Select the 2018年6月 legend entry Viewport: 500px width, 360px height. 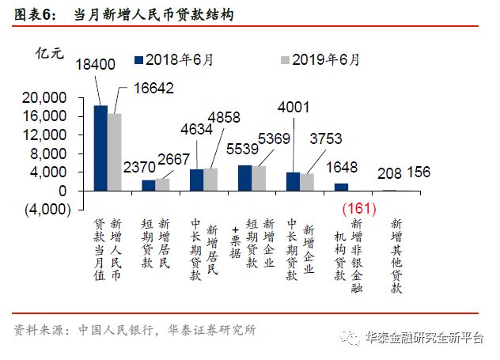click(x=179, y=59)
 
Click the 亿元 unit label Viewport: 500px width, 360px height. click(x=49, y=54)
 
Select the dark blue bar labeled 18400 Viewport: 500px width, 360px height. click(x=100, y=148)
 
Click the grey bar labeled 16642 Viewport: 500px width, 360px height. click(x=115, y=152)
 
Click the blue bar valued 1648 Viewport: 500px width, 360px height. click(x=341, y=187)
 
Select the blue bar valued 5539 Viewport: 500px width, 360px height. click(x=245, y=178)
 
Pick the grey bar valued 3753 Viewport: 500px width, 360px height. click(x=307, y=182)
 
